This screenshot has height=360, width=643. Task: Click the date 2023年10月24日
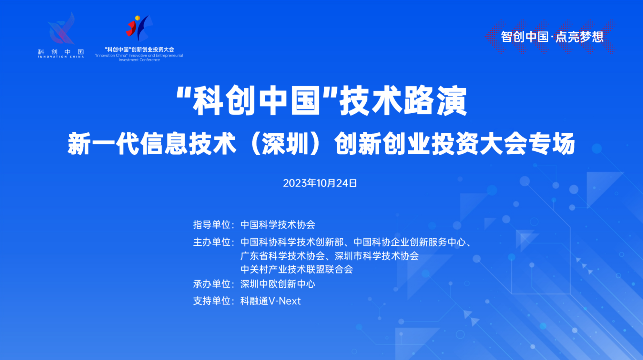click(320, 183)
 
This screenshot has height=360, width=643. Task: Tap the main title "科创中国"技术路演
click(321, 101)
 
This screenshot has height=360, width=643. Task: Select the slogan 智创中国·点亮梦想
click(552, 37)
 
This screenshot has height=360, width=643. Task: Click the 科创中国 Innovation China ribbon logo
click(61, 28)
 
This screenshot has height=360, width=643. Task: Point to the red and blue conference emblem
click(139, 28)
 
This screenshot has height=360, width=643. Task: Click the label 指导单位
click(211, 225)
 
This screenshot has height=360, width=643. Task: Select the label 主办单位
click(211, 242)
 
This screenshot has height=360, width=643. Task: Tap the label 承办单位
click(211, 284)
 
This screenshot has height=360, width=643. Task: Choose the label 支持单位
click(211, 301)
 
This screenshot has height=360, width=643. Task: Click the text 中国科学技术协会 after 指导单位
click(278, 225)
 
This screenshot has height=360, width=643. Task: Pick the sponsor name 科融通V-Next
click(270, 301)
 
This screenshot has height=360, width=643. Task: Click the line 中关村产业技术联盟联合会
click(297, 269)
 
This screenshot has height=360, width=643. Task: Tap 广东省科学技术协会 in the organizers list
click(283, 256)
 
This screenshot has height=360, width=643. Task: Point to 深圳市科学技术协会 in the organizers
click(377, 256)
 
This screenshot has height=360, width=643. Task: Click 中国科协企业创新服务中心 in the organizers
click(410, 242)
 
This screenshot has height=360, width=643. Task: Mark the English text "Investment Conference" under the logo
click(139, 60)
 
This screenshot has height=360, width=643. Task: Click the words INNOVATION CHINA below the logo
click(61, 57)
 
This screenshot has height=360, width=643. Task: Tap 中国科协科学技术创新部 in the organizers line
click(292, 242)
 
